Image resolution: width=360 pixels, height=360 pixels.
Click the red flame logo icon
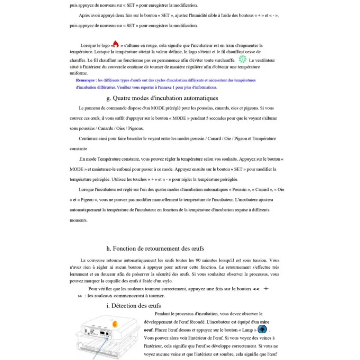pos(115,44)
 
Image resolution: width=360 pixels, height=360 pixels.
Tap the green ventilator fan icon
pos(243,59)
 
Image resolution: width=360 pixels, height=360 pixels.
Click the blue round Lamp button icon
pos(262,329)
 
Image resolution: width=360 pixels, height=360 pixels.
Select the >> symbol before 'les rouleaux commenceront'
pos(80,296)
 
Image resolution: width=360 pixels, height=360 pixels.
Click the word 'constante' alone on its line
pos(79,148)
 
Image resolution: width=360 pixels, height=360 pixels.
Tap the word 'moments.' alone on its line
pos(79,220)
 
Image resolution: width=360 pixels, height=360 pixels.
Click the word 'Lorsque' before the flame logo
pos(89,45)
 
